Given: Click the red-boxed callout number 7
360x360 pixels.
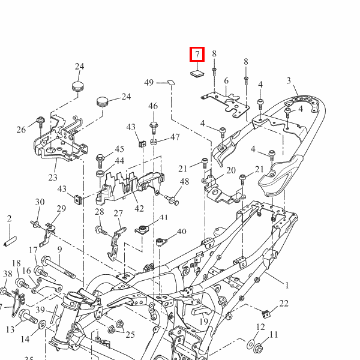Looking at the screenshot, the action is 197,55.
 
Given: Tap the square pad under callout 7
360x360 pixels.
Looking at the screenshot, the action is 197,73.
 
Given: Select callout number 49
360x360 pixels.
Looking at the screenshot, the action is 149,82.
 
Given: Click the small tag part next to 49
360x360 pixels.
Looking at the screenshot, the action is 171,82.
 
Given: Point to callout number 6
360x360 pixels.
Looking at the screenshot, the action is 226,81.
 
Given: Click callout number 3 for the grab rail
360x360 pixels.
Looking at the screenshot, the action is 289,80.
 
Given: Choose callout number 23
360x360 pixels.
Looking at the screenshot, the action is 53,178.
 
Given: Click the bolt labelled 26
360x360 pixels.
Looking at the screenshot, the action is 41,123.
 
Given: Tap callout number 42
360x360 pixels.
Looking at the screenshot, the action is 139,208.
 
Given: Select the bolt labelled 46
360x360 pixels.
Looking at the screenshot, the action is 154,128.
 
